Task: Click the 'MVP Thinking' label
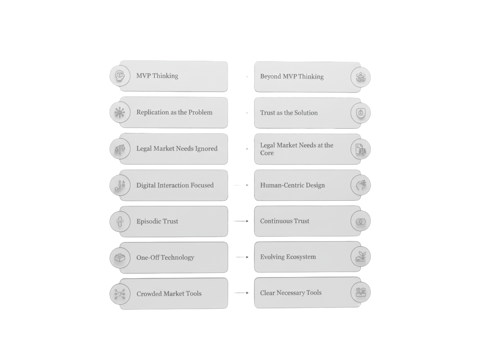point(157,76)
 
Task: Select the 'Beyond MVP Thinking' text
point(291,77)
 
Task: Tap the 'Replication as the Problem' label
point(174,112)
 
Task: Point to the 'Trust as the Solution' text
point(289,113)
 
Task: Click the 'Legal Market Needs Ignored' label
point(177,149)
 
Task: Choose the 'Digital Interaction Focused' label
point(175,185)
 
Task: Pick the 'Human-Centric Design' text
point(292,185)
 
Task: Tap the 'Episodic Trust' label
point(157,222)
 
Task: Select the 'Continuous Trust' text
point(284,221)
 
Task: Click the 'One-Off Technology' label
point(165,257)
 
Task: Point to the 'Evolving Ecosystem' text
point(288,257)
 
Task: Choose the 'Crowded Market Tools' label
point(169,294)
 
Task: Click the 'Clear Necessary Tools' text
point(291,293)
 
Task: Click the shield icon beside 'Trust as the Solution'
point(360,113)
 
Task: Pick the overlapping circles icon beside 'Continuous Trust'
point(360,221)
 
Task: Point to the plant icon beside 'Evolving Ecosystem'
point(360,257)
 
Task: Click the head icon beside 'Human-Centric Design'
point(360,185)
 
